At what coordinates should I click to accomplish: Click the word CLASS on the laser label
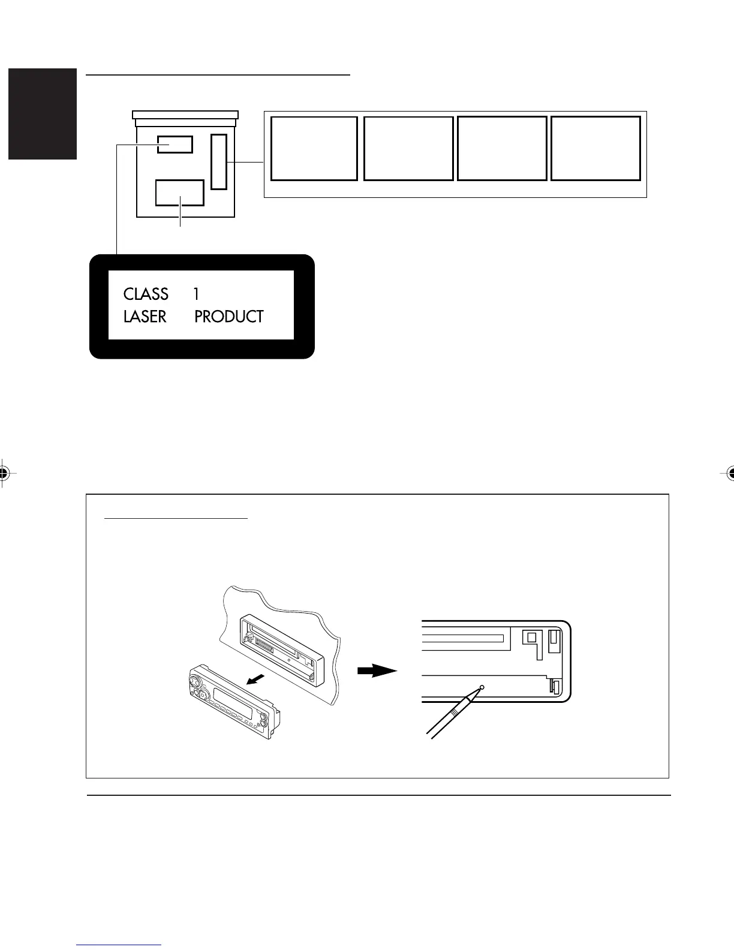pyautogui.click(x=146, y=294)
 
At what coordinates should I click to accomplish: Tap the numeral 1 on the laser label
pyautogui.click(x=196, y=294)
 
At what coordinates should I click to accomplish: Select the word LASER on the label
pyautogui.click(x=145, y=317)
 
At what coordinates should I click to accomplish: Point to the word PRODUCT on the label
pyautogui.click(x=228, y=317)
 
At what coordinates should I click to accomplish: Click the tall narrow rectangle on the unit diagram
pyautogui.click(x=219, y=162)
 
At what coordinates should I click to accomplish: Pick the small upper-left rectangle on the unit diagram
pyautogui.click(x=175, y=145)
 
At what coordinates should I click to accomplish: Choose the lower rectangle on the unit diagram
pyautogui.click(x=179, y=193)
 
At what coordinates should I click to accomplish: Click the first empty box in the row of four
pyautogui.click(x=314, y=148)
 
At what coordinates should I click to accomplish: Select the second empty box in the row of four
pyautogui.click(x=408, y=148)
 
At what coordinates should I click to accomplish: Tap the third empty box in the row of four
pyautogui.click(x=502, y=148)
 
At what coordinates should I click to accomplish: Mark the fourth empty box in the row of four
pyautogui.click(x=595, y=148)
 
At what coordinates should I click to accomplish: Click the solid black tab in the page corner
pyautogui.click(x=43, y=114)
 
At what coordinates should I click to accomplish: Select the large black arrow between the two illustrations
pyautogui.click(x=377, y=671)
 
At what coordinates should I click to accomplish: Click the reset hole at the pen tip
pyautogui.click(x=482, y=687)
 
